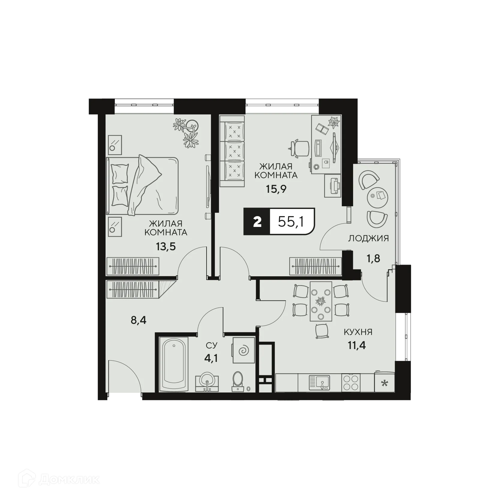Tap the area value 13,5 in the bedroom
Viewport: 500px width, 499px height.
point(166,247)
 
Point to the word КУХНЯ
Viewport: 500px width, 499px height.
point(358,332)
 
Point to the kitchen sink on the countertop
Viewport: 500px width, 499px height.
point(320,383)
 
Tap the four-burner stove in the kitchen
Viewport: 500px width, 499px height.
point(351,383)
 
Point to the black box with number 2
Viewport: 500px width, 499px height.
point(257,222)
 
